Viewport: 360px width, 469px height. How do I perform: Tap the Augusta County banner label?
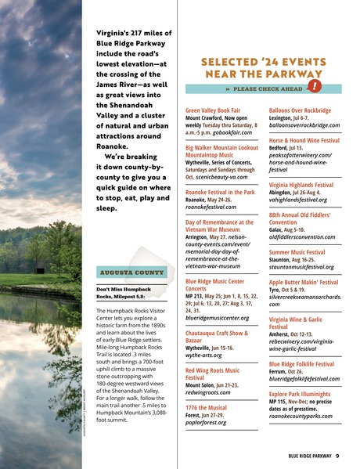(x=121, y=272)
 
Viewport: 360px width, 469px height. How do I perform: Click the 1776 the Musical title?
(x=207, y=408)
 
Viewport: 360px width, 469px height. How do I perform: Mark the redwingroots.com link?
(x=211, y=392)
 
